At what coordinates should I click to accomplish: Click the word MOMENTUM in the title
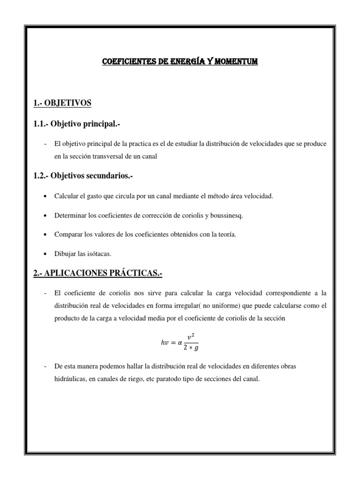click(x=237, y=61)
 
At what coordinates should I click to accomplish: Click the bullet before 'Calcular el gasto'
click(x=45, y=196)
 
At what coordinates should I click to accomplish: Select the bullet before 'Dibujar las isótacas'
click(x=45, y=254)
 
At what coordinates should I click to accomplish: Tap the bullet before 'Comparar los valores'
click(x=45, y=234)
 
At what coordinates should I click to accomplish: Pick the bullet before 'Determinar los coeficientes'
click(x=45, y=215)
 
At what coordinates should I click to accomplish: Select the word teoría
click(x=225, y=234)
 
